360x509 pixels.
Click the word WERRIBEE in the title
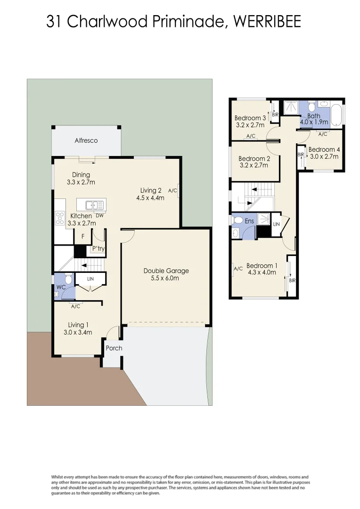267,22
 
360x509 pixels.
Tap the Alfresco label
86,140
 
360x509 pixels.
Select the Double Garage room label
166,271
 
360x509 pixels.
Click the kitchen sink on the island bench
94,205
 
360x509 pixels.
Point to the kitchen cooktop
60,217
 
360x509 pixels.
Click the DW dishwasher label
99,216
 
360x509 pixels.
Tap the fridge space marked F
83,237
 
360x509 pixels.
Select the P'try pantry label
98,248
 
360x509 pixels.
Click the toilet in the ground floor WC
68,280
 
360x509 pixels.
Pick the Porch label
114,348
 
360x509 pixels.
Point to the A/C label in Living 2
172,191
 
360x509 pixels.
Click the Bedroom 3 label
250,118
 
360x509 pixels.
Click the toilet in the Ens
238,221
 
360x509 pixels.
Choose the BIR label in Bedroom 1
292,280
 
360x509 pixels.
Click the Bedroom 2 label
254,159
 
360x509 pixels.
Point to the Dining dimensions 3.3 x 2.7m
81,182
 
